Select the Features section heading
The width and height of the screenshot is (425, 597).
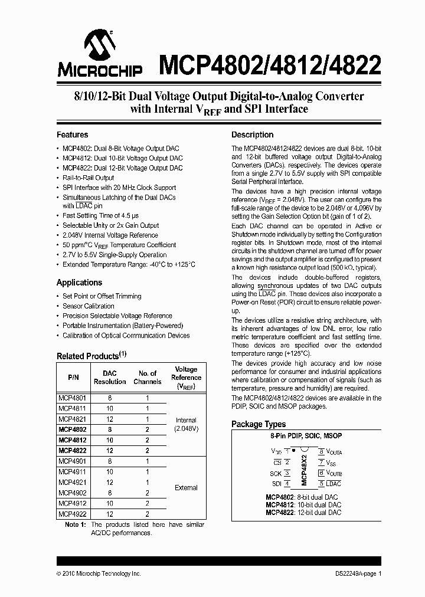click(72, 135)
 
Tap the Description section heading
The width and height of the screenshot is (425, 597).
click(252, 135)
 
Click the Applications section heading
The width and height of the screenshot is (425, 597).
click(79, 283)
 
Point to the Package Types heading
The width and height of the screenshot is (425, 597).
click(259, 424)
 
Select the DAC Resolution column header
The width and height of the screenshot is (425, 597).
click(110, 378)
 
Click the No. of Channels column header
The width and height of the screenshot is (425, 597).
click(147, 378)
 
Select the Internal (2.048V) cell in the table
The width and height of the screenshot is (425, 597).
click(187, 424)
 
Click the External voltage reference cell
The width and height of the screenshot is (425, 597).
click(187, 488)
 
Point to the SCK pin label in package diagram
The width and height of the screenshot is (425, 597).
click(275, 473)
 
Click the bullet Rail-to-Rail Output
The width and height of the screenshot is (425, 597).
click(89, 178)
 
